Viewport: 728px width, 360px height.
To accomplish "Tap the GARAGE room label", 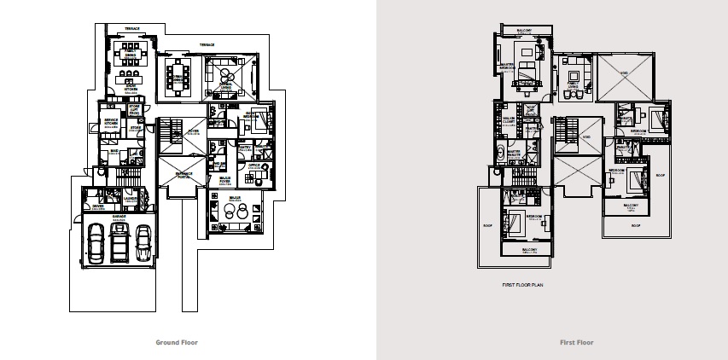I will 120,217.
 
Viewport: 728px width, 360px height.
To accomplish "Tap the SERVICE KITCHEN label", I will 111,121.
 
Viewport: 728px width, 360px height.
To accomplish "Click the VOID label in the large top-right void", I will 624,73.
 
